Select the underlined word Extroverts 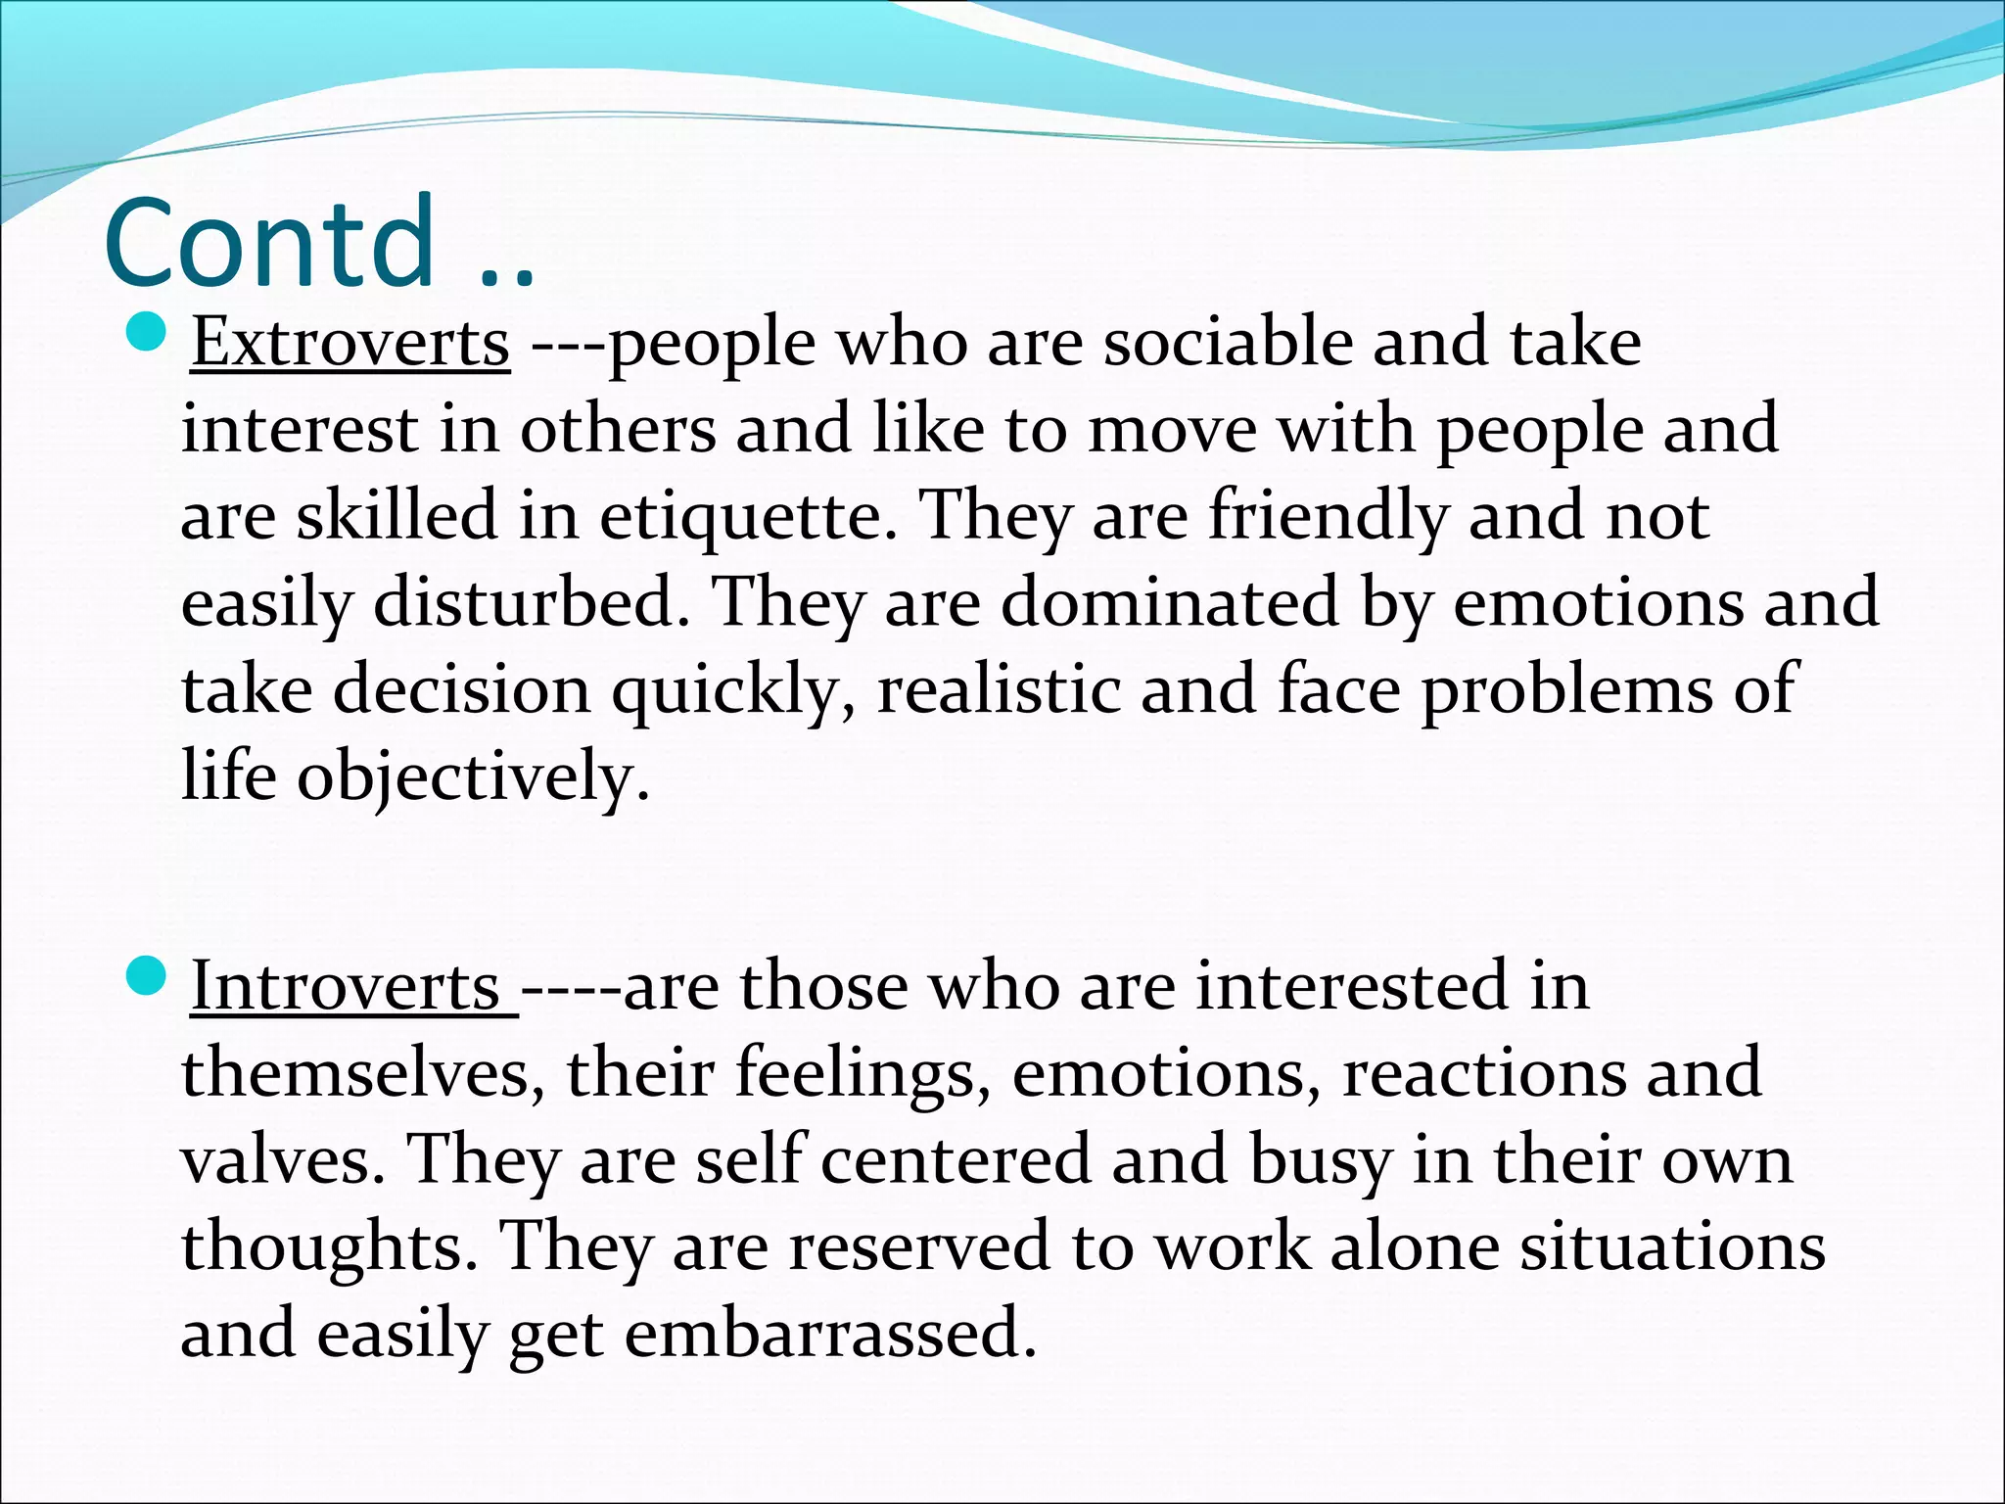(350, 344)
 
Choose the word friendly (1328, 516)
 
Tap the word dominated (1169, 602)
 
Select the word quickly (733, 690)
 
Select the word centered (956, 1159)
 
